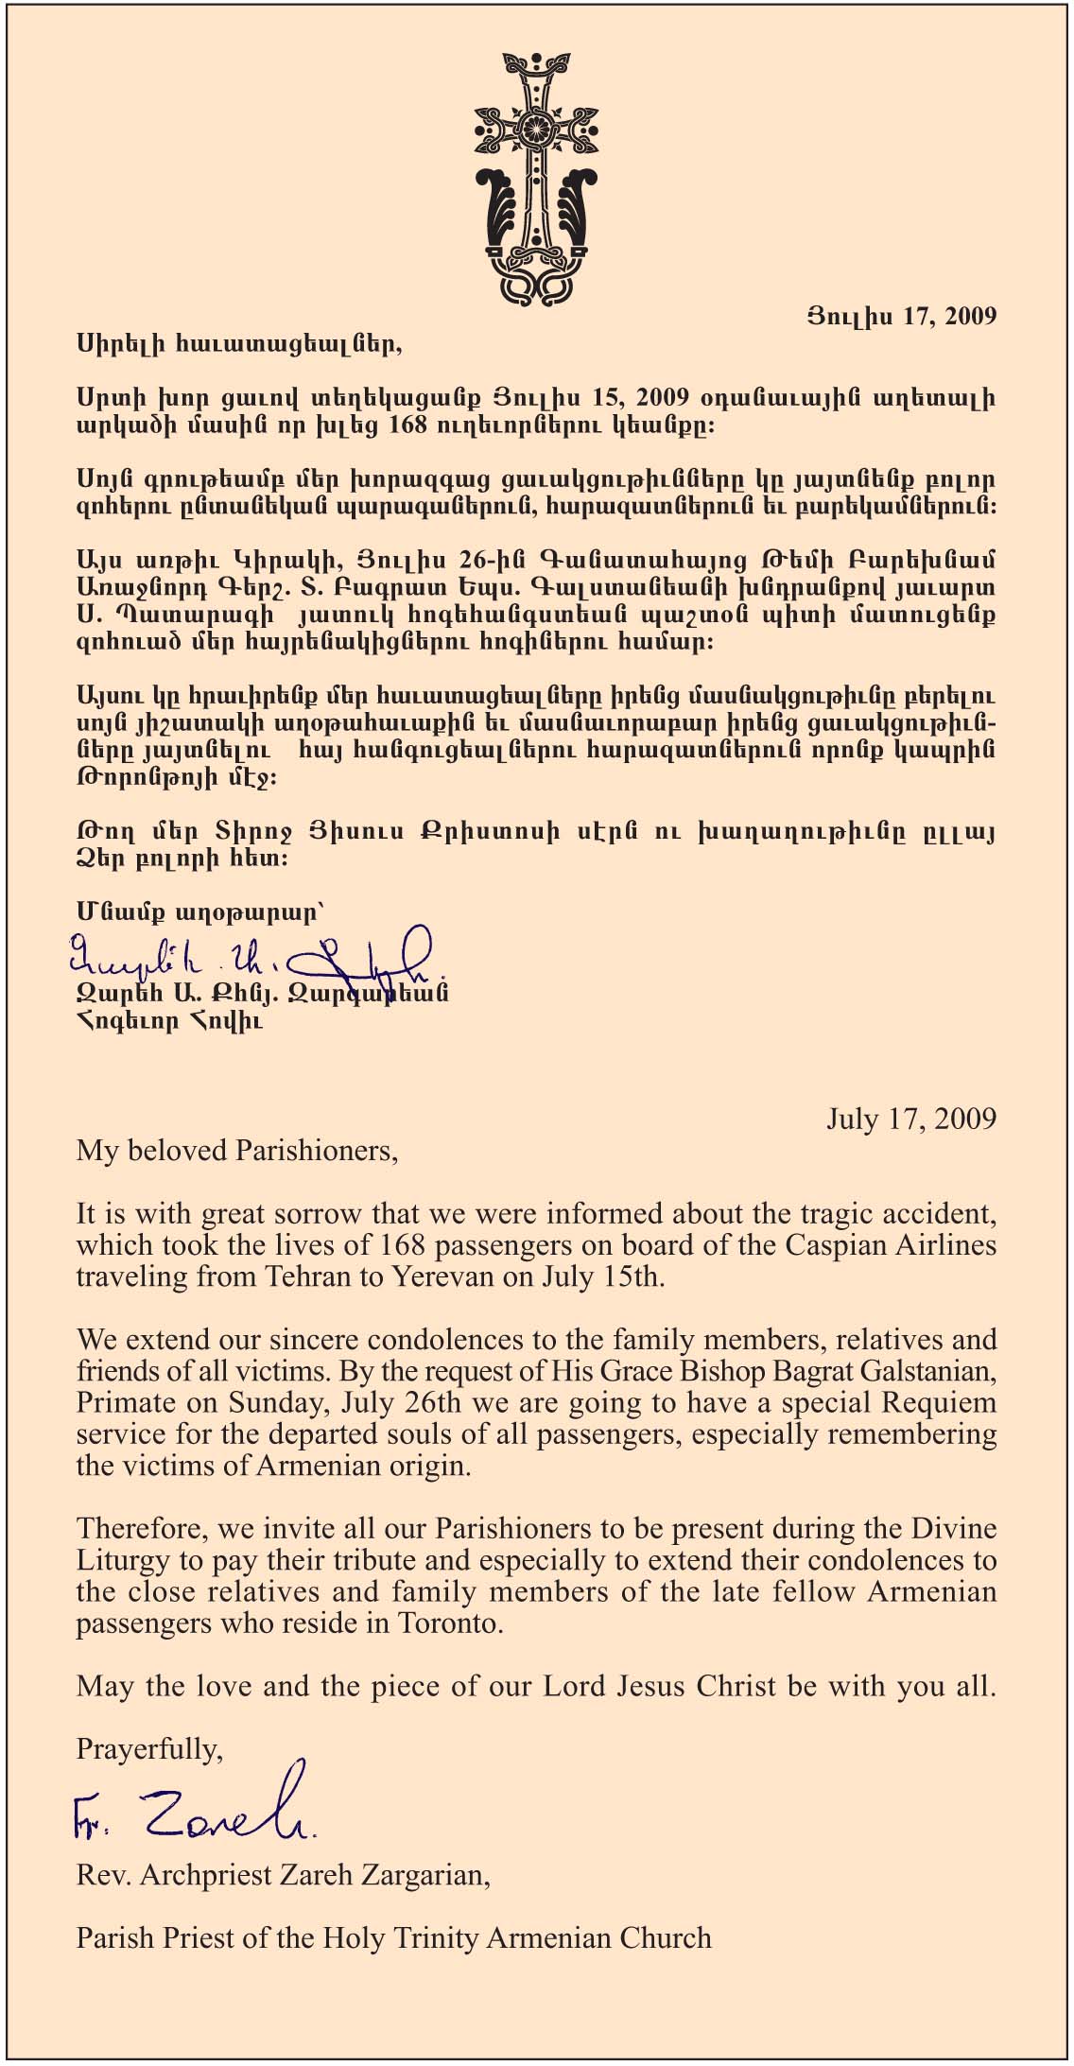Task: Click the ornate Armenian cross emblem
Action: [537, 180]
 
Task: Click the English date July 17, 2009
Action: [910, 1119]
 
